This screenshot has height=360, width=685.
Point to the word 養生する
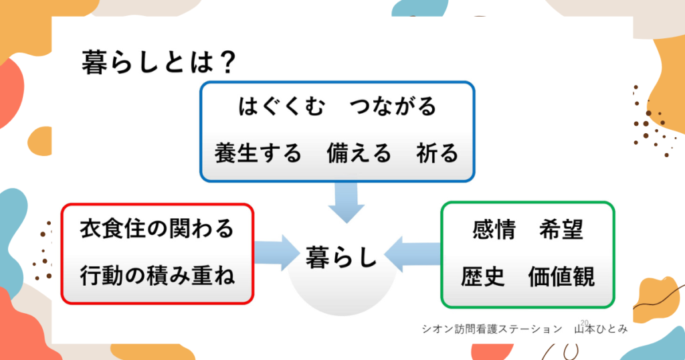[x=259, y=153]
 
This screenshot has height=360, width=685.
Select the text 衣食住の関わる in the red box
[x=157, y=228]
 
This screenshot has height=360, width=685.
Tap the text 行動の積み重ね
[x=157, y=275]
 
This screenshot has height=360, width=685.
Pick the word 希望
[x=561, y=230]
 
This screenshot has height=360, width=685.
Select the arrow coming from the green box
[x=411, y=254]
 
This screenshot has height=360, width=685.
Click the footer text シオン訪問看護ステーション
[x=492, y=329]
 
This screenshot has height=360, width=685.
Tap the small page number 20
[x=584, y=323]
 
